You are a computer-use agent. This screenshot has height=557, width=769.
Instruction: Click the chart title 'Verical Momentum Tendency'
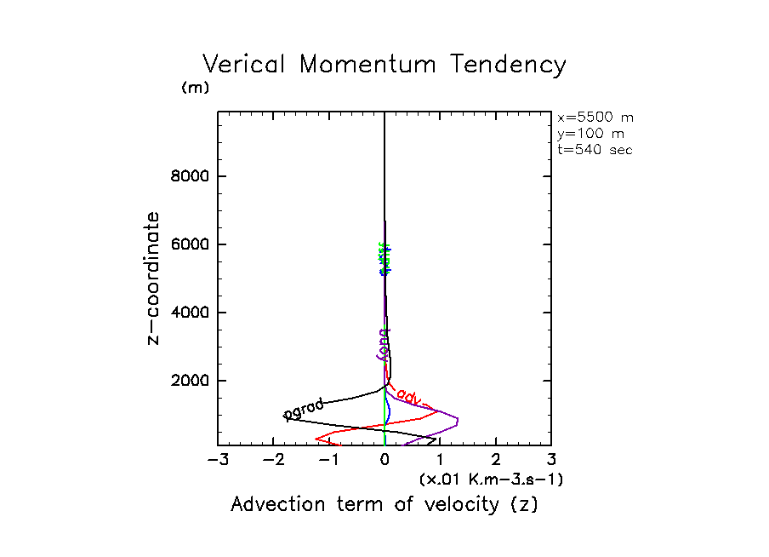[x=384, y=65]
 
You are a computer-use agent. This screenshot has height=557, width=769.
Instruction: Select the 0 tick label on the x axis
[x=385, y=461]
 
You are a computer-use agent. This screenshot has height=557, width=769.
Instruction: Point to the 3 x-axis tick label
[x=551, y=461]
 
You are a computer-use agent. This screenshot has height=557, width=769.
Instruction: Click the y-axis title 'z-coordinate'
[x=154, y=278]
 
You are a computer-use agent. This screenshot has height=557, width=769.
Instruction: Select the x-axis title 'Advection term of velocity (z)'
[x=384, y=504]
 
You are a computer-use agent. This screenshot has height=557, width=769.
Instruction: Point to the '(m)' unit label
[x=195, y=88]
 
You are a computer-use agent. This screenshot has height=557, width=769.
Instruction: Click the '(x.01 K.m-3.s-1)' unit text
[x=491, y=479]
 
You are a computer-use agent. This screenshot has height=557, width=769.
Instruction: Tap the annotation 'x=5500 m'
[x=595, y=118]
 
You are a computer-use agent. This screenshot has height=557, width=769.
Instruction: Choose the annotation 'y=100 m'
[x=589, y=134]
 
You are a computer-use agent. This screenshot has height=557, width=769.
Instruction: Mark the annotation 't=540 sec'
[x=595, y=149]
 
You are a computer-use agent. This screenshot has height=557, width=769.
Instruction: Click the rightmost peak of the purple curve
[x=459, y=420]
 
